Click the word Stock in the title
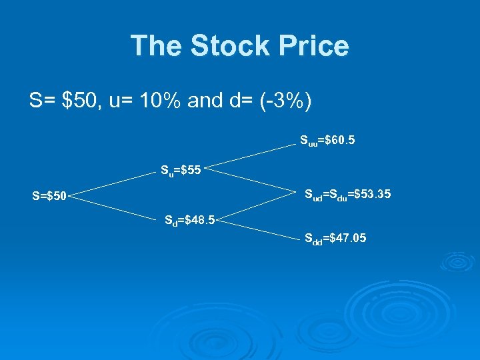point(231,46)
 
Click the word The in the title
point(157,46)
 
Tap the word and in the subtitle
point(205,101)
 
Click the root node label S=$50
point(49,197)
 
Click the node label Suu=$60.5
point(327,141)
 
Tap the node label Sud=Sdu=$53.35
point(347,195)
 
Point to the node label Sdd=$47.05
point(335,238)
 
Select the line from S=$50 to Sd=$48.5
point(116,207)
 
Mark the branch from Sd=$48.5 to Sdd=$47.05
point(260,227)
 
